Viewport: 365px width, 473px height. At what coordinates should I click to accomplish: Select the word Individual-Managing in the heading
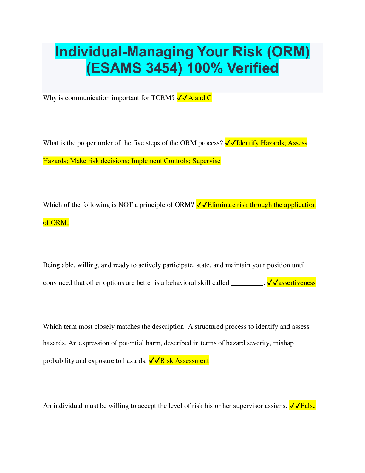(124, 52)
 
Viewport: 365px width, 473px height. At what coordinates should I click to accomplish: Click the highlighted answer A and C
(200, 98)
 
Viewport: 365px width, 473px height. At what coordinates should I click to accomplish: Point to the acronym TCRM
(163, 98)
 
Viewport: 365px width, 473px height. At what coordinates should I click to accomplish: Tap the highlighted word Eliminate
(221, 205)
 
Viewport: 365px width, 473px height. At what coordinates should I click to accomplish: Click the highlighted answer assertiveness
(297, 282)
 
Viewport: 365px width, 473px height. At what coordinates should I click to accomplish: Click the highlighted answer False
(308, 406)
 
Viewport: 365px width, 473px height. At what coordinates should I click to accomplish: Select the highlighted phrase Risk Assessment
(184, 360)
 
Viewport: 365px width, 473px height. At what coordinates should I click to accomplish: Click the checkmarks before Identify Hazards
(231, 143)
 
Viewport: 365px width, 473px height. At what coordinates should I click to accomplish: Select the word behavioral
(181, 282)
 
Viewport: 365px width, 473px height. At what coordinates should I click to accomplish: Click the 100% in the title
(205, 68)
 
